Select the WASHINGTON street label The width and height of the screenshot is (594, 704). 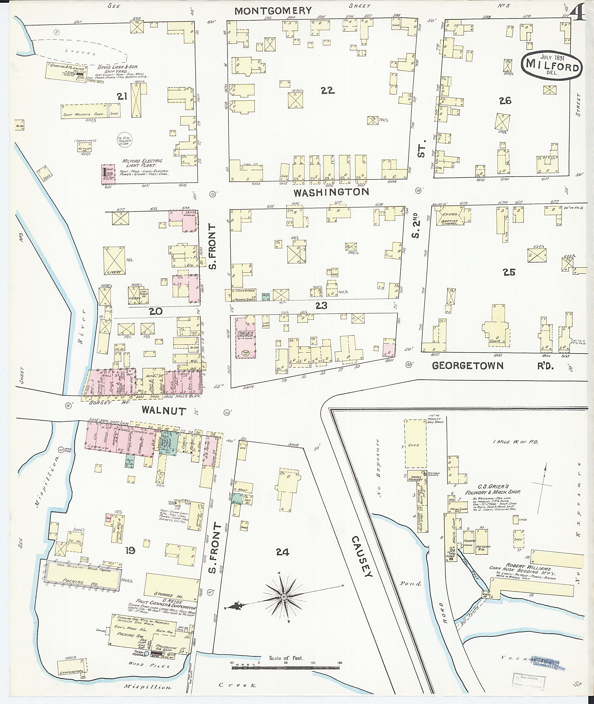(x=331, y=192)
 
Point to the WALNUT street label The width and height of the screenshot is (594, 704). (x=164, y=410)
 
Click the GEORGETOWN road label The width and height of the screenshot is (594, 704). (x=467, y=366)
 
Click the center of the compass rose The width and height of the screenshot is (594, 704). (x=284, y=597)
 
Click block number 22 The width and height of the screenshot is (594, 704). (x=327, y=90)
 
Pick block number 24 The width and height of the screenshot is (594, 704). (x=282, y=552)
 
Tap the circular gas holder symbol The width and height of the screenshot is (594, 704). (x=124, y=140)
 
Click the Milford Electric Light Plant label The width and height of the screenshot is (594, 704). (x=142, y=163)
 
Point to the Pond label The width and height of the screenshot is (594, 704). (x=410, y=583)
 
